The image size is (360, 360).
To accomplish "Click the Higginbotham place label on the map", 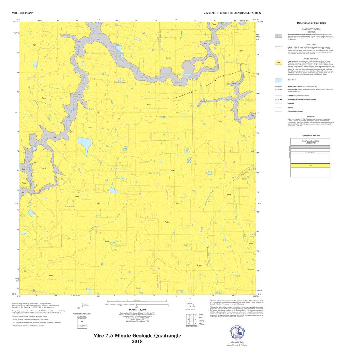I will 120,82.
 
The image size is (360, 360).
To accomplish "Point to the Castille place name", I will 60,179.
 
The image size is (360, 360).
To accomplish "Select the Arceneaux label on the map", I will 69,206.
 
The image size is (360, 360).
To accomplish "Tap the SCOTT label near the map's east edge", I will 251,269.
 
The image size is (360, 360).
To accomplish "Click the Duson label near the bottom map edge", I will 138,288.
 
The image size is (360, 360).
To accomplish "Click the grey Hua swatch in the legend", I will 278,36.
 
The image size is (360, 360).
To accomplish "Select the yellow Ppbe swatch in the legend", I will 278,62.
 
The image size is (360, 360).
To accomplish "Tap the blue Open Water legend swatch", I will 278,80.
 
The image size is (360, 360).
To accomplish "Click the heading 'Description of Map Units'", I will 311,23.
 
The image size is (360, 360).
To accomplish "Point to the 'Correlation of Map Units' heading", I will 311,135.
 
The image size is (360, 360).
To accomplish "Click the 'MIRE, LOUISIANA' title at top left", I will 22,13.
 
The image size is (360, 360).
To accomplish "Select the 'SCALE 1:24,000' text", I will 137,310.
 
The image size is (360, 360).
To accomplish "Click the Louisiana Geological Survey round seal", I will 239,333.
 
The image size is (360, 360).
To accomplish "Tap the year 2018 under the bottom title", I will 137,341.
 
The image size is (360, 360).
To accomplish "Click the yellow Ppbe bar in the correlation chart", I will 310,165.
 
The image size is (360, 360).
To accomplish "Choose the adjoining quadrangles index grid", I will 191,320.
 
